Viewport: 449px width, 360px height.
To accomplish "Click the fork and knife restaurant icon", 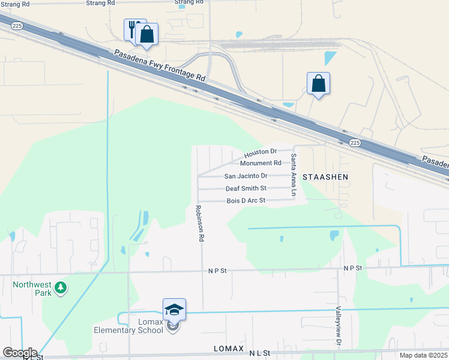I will (133, 28).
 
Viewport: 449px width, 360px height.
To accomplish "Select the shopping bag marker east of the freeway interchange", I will (318, 83).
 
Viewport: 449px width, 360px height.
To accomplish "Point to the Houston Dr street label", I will (261, 152).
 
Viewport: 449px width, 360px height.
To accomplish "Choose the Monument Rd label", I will (261, 163).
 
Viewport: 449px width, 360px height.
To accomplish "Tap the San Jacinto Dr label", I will (246, 176).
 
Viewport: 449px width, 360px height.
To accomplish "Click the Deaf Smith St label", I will (246, 188).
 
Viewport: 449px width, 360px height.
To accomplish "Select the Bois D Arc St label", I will (246, 200).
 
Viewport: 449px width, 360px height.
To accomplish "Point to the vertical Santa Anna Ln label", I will (294, 175).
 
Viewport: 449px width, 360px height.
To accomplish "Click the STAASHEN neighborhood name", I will (325, 177).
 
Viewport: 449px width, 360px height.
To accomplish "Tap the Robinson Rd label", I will (199, 223).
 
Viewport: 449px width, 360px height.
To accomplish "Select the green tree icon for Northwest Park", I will (60, 289).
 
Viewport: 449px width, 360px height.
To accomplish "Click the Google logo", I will (19, 353).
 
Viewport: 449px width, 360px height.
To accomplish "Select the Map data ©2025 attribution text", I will (423, 355).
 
